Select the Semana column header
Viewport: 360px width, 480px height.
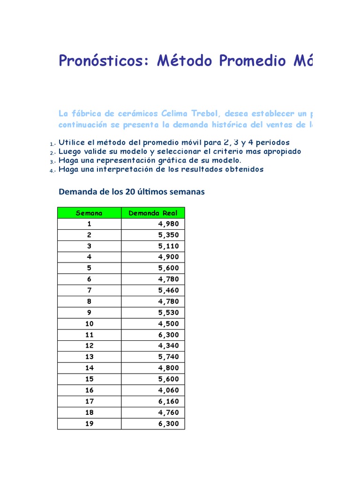point(89,213)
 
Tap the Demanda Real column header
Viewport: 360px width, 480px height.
point(153,213)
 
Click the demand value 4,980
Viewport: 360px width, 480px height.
point(169,224)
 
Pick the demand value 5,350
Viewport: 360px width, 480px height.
point(169,235)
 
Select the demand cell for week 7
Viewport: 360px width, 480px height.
point(169,291)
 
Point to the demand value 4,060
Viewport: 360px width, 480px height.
point(169,390)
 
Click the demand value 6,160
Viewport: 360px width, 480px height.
point(169,402)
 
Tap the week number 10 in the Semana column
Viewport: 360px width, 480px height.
point(89,324)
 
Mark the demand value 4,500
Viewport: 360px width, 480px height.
point(169,324)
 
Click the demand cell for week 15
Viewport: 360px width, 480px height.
point(169,379)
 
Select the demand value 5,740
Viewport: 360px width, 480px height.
point(169,357)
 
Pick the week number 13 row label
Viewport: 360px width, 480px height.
point(89,357)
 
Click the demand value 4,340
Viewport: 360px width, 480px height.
point(169,346)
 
